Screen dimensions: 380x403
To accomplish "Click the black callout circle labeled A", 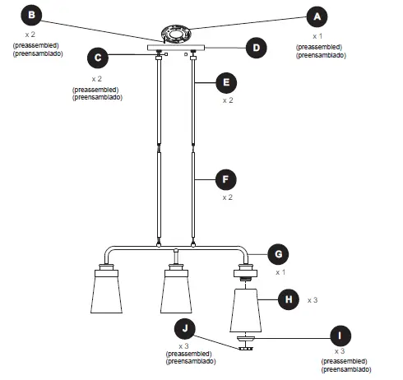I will [x=317, y=16].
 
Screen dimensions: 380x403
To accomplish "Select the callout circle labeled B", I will [x=31, y=15].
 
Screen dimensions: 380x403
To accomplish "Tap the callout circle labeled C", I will [x=98, y=58].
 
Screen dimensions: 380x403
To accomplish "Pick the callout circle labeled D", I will [x=256, y=49].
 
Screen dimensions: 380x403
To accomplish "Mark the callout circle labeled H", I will [x=289, y=299].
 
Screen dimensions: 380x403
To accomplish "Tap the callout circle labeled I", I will [x=338, y=336].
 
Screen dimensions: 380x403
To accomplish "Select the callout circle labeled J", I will [x=185, y=329].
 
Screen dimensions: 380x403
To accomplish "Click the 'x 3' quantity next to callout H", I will [x=313, y=301].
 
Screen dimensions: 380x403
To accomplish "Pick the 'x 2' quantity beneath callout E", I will [x=228, y=100].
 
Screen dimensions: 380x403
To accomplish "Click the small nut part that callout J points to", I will [x=244, y=348].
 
